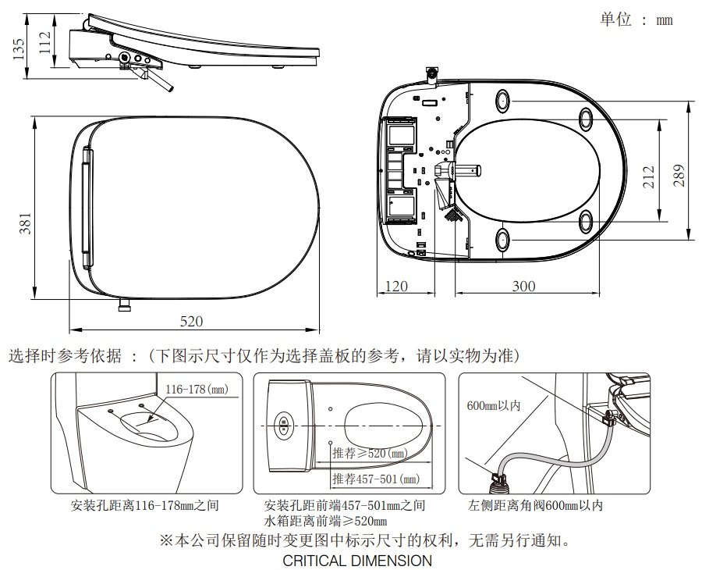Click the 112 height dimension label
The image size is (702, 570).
click(45, 40)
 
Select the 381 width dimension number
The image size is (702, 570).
click(24, 223)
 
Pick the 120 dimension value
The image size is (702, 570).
click(397, 286)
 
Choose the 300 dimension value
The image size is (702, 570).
click(523, 286)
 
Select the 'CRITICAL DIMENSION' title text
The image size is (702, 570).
click(357, 561)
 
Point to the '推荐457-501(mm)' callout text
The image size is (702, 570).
click(375, 478)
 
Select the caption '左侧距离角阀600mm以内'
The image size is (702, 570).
click(531, 505)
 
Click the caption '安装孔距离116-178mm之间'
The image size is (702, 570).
click(144, 505)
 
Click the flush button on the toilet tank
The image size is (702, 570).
click(284, 426)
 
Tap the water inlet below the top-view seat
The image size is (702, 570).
click(122, 305)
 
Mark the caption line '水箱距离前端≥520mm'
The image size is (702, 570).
click(325, 521)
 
